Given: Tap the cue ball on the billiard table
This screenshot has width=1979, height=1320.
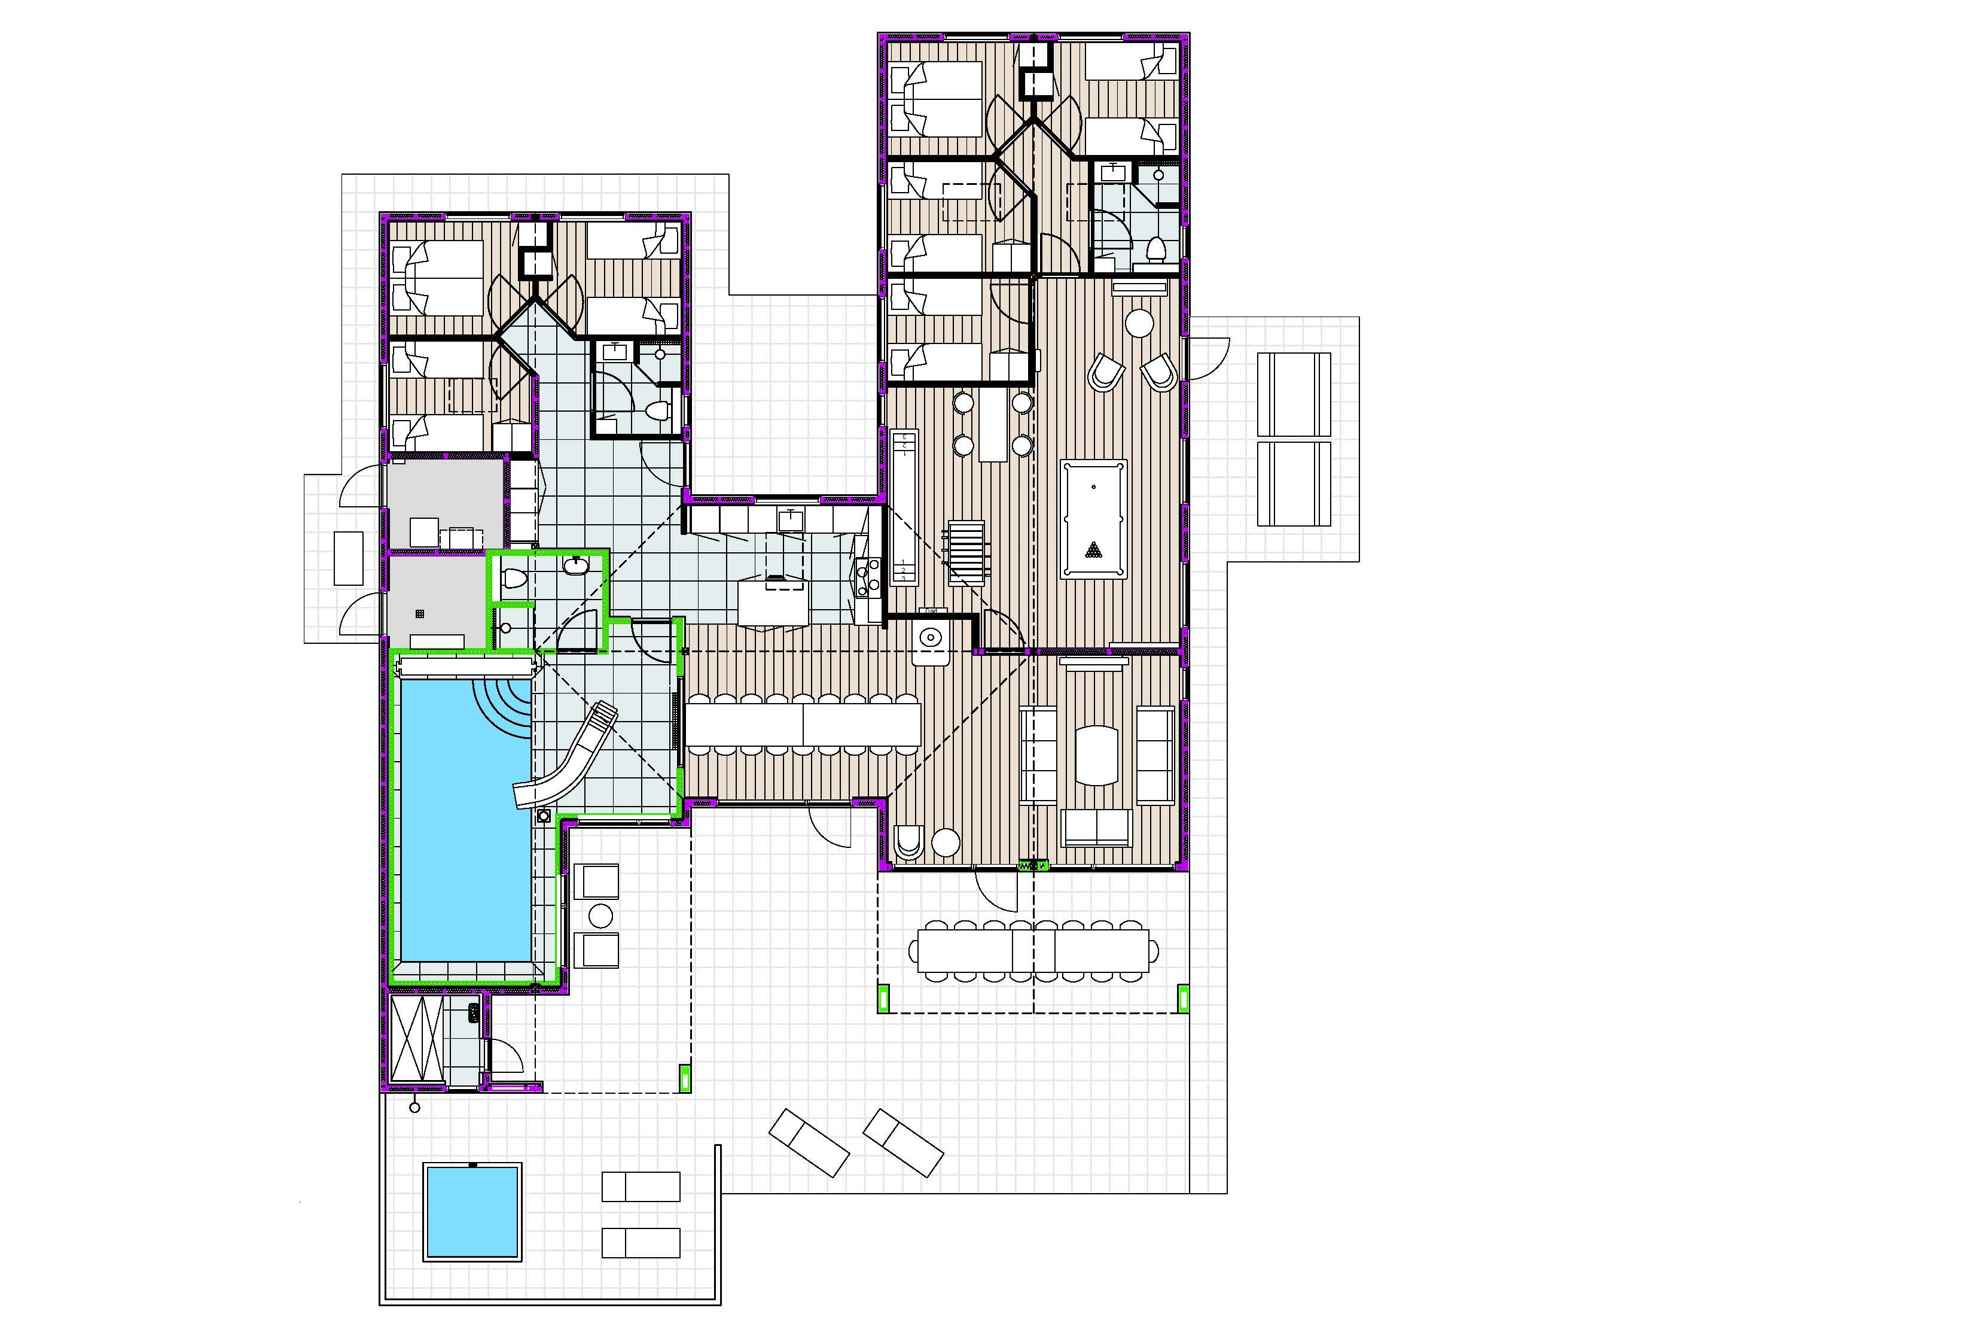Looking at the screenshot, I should pos(1093,486).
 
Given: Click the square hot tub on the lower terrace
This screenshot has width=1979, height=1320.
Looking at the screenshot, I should pos(471,1212).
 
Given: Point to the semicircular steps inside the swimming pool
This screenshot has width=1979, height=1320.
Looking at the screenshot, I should pos(508,704).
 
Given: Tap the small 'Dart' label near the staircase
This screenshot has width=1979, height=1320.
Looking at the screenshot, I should pos(931,610).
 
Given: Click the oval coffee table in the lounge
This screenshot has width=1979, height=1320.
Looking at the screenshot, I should pos(1096,755).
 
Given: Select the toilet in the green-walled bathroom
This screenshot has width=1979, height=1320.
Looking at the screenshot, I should pos(513,580).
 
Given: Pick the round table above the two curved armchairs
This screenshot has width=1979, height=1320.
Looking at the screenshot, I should pos(1140,323).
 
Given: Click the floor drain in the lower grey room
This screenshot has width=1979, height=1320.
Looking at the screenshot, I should pos(420,615).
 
